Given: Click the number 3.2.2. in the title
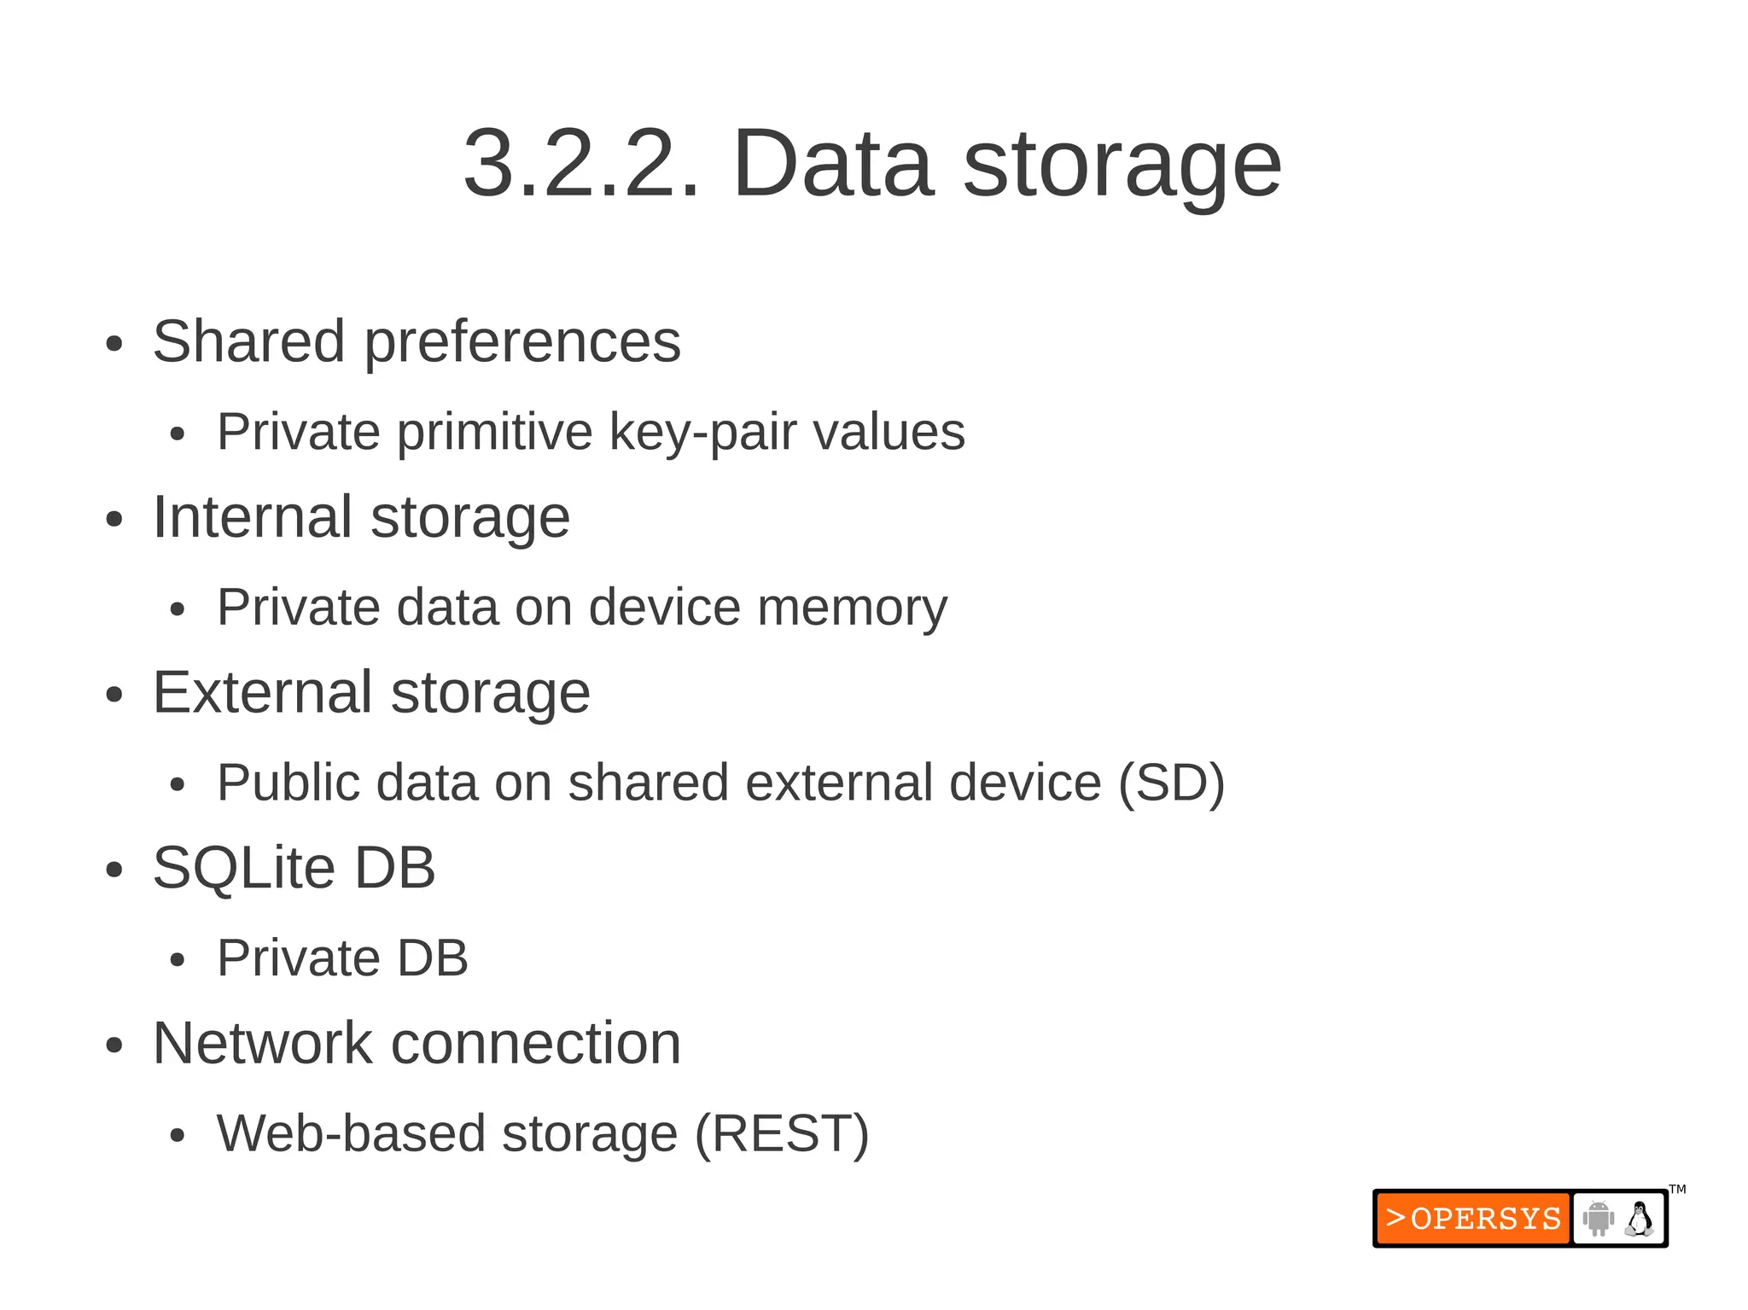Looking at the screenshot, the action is pos(580,162).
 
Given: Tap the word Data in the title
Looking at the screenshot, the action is pos(832,162).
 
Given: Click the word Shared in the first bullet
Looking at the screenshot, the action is pos(248,341).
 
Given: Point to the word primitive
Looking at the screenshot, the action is pos(494,432).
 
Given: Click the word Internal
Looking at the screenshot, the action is pos(252,517).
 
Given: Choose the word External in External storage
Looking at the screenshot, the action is pos(262,692).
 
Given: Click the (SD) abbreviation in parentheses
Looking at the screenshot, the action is pos(1171,783).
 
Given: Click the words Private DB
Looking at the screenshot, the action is pos(342,958).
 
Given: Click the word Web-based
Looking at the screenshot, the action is pos(351,1134).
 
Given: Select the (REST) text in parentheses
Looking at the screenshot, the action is pos(782,1134).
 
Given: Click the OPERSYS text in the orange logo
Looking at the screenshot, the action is pos(1485,1219).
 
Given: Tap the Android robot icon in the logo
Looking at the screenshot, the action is pos(1598,1219).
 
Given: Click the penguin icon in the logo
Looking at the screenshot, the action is pos(1639,1219).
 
